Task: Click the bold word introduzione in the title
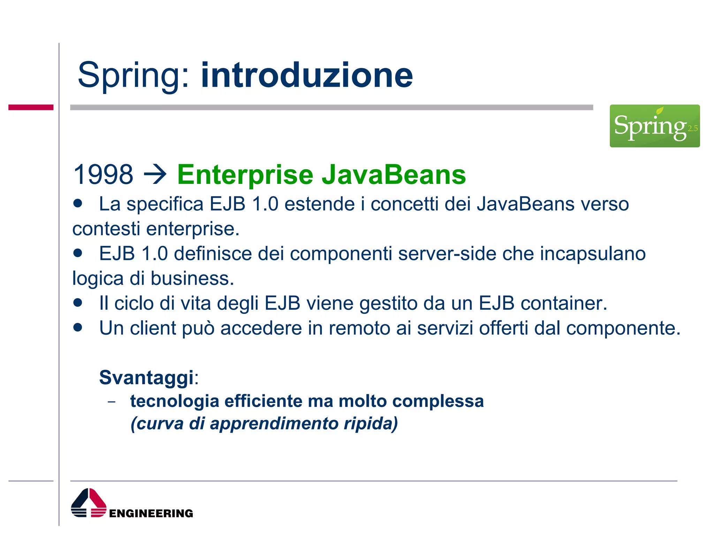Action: point(307,75)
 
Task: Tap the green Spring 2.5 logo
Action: point(654,126)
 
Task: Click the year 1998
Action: point(103,175)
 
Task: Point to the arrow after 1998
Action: point(155,175)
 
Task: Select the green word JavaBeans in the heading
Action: point(394,175)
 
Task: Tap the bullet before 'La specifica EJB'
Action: point(78,203)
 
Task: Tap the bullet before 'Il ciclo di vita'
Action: point(78,302)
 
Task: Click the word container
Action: point(563,303)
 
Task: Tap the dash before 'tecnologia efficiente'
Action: point(112,402)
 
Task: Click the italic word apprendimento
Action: point(274,424)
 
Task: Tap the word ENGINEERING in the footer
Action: point(151,513)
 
